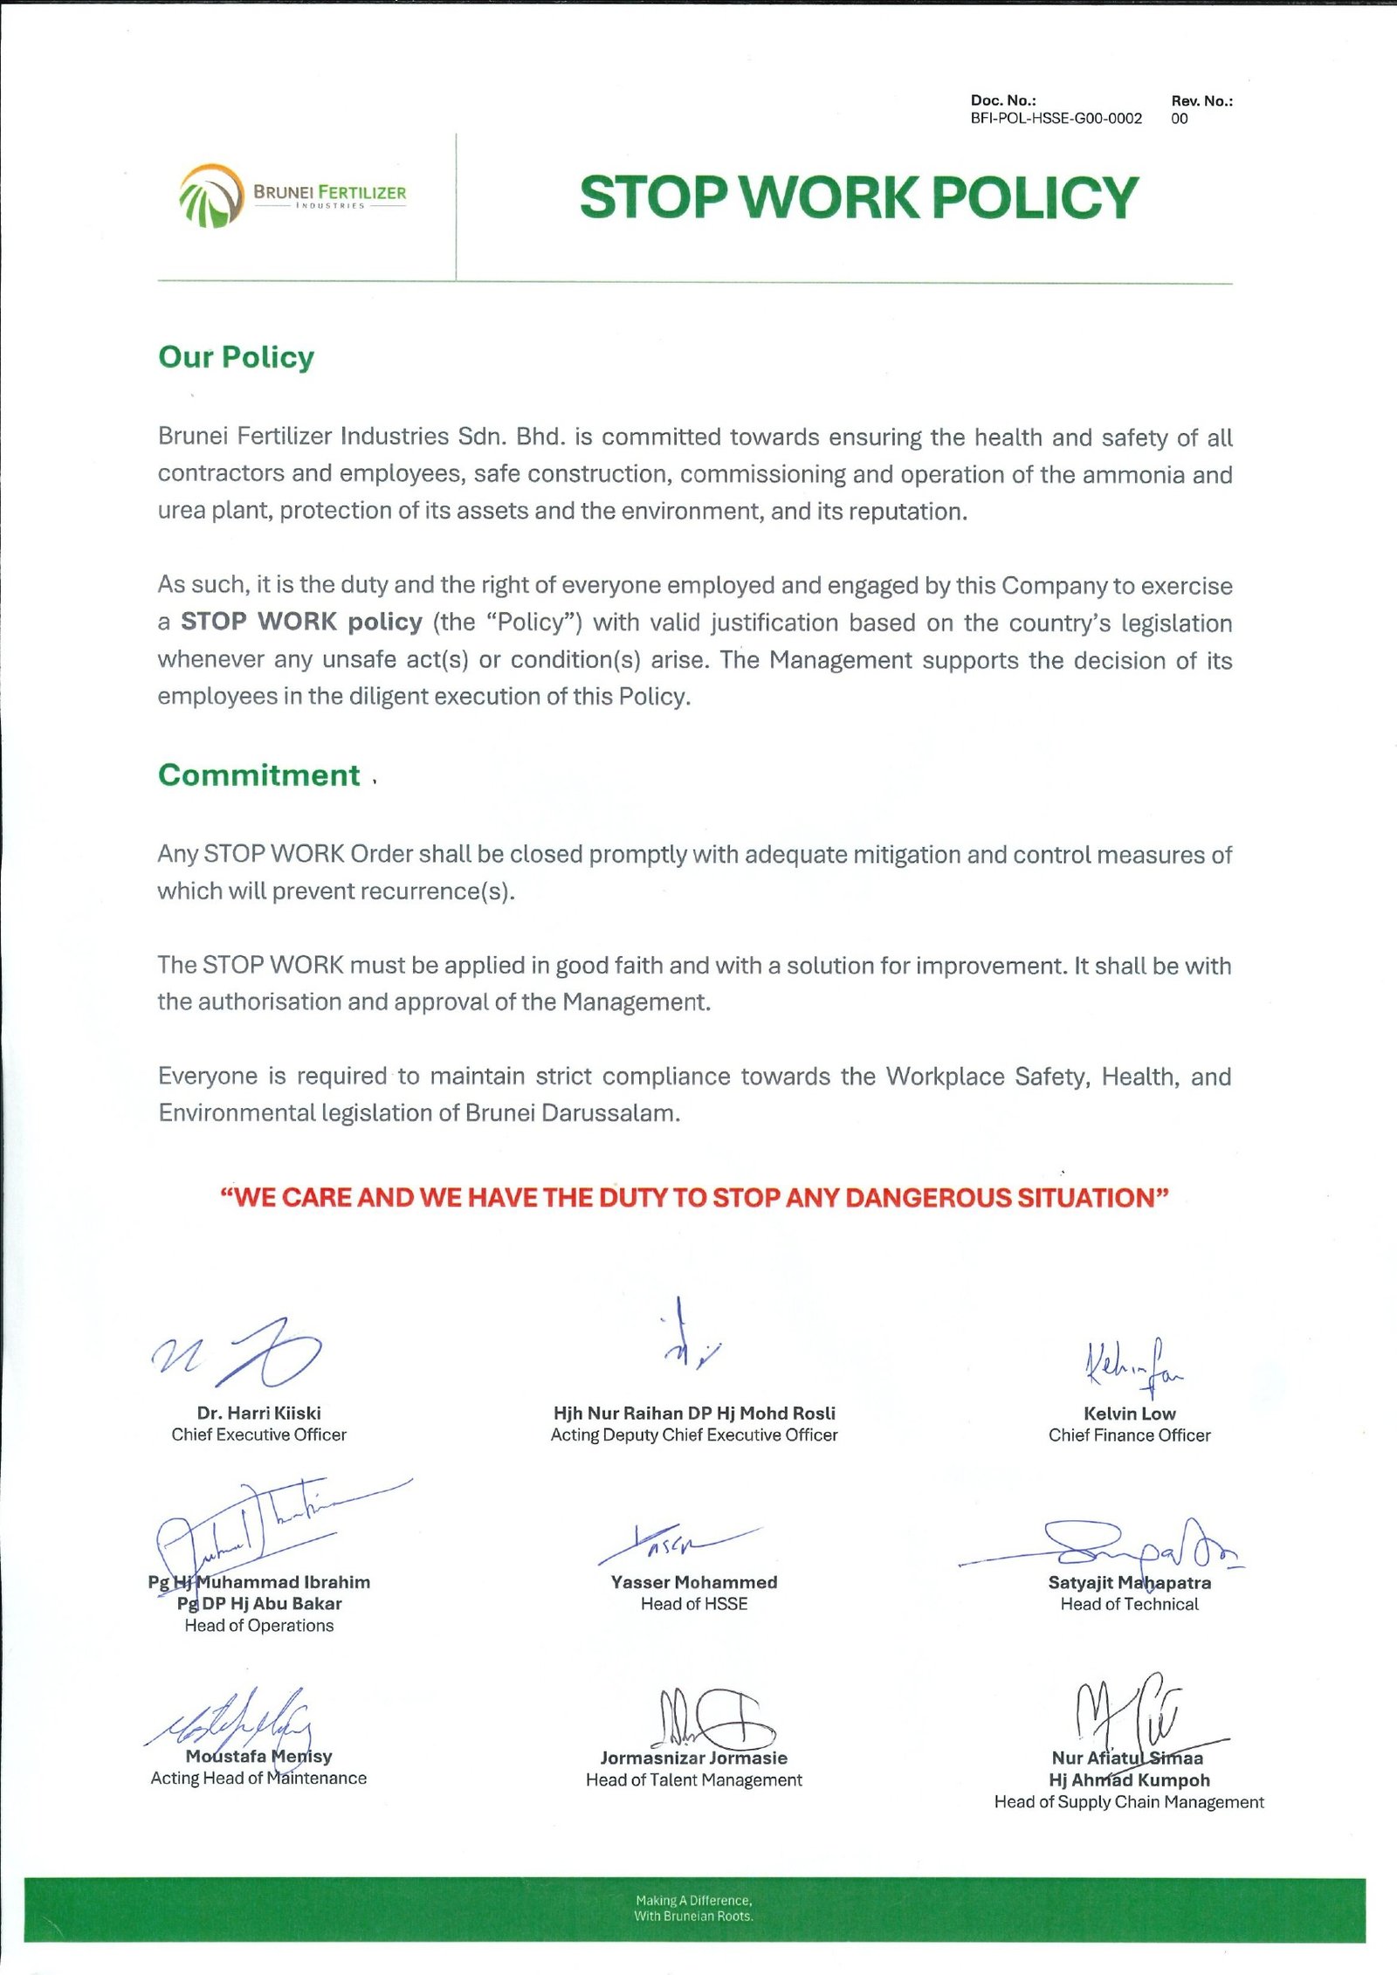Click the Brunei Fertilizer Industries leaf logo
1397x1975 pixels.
click(210, 196)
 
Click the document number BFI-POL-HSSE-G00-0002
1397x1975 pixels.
click(1056, 119)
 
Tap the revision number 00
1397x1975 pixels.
click(1179, 119)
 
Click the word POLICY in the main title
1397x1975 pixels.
click(1036, 197)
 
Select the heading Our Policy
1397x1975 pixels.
click(236, 357)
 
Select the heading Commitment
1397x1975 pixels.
click(258, 775)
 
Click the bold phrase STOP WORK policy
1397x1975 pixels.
click(301, 623)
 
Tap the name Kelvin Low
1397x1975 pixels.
click(1129, 1414)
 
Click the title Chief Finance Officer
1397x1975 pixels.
click(1129, 1435)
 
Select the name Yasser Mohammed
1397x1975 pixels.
click(693, 1582)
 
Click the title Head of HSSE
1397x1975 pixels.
click(693, 1604)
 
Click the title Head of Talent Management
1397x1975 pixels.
click(693, 1780)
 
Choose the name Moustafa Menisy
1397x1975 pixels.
click(258, 1757)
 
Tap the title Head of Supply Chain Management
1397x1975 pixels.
click(1128, 1802)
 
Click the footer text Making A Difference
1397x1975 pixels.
click(693, 1900)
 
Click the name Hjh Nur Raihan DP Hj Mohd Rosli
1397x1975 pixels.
click(693, 1414)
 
